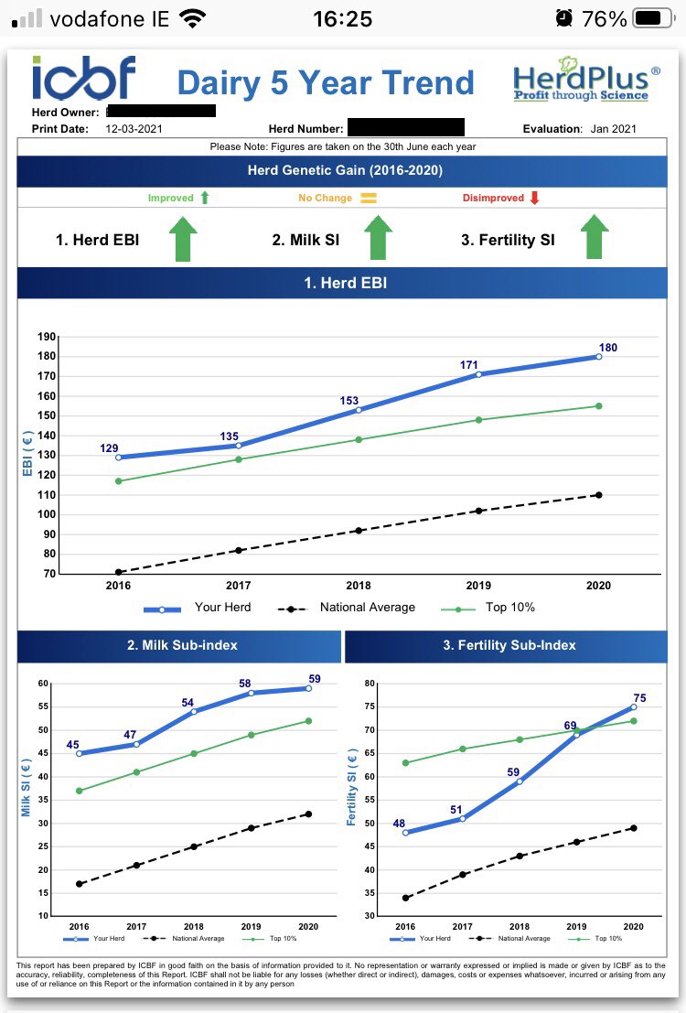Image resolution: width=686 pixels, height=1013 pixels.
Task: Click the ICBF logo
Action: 84,78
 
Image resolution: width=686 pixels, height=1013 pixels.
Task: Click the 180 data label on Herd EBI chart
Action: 608,348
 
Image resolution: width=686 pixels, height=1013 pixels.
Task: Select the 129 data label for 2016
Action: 109,448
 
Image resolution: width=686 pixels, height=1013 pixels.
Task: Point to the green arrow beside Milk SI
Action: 377,239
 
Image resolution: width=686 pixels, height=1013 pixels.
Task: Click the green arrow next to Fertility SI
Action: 594,238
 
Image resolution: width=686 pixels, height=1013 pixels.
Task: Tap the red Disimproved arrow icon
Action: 535,198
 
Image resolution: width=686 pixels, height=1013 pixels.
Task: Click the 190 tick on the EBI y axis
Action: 47,337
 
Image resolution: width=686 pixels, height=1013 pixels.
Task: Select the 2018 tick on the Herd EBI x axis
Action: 359,586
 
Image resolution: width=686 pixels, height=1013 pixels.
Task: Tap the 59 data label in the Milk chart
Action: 315,679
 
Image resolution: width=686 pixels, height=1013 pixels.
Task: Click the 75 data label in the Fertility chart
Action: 640,698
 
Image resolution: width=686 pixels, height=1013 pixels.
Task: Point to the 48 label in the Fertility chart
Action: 399,824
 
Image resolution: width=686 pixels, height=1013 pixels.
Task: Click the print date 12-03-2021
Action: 134,129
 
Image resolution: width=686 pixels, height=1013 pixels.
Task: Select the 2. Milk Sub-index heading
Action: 182,645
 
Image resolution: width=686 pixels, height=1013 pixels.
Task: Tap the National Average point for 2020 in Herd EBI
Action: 598,495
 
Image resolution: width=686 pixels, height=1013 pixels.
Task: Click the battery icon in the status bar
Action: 652,18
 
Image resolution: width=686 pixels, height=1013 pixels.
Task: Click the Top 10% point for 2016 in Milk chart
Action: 80,791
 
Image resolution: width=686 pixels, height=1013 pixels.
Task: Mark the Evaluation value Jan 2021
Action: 614,129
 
